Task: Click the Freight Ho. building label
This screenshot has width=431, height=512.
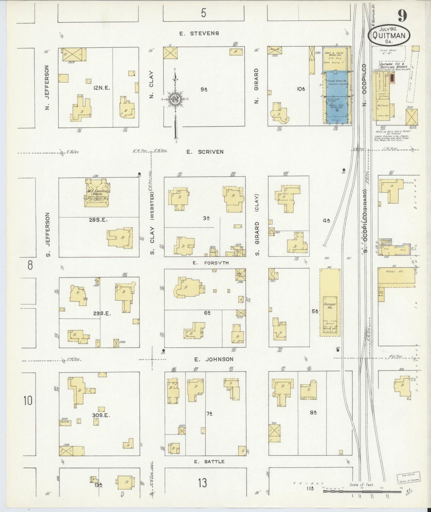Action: click(330, 306)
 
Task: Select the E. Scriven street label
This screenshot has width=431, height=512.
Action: click(205, 152)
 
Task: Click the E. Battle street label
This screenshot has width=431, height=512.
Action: click(209, 462)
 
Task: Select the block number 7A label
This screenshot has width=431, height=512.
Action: click(209, 414)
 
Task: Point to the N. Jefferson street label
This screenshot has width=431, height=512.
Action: click(47, 87)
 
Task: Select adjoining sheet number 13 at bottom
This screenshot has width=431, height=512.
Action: click(203, 482)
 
